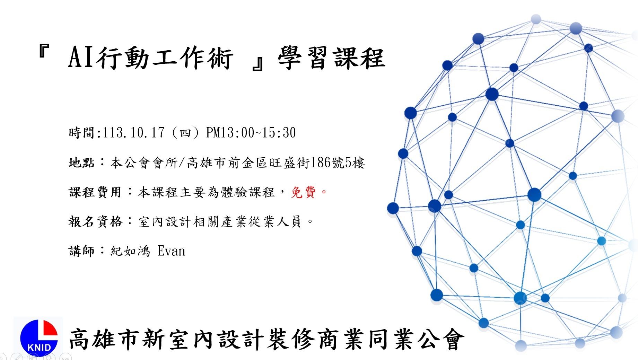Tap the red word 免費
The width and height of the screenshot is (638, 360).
303,192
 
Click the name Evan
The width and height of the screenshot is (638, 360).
171,251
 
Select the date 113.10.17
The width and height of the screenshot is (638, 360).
133,132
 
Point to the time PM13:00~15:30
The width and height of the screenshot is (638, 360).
251,132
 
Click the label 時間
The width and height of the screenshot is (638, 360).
81,132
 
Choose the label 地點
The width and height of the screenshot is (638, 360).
81,162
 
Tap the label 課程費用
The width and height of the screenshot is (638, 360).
95,192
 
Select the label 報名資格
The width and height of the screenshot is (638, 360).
95,221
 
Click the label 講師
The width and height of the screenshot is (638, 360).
81,251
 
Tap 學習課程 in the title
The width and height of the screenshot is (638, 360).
332,58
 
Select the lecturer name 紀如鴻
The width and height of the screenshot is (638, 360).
130,251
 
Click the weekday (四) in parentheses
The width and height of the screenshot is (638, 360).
185,133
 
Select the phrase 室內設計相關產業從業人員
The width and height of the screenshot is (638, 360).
220,221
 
